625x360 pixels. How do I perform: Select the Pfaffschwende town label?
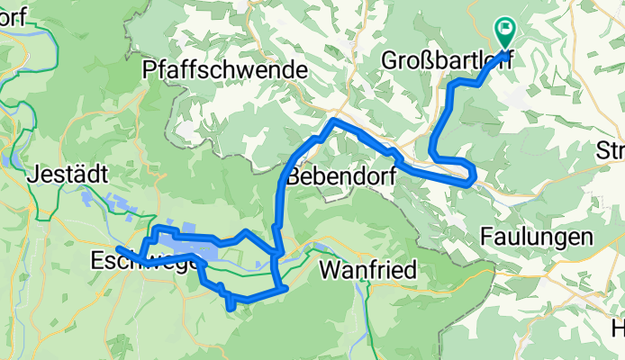pyautogui.click(x=225, y=69)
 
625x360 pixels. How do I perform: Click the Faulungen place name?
pyautogui.click(x=536, y=238)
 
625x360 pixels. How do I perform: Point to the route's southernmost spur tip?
pyautogui.click(x=233, y=308)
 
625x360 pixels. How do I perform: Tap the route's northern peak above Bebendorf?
pyautogui.click(x=334, y=121)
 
